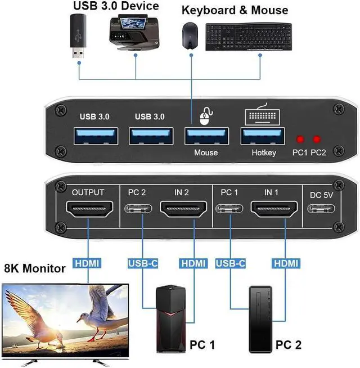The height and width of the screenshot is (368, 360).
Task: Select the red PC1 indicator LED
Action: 300,139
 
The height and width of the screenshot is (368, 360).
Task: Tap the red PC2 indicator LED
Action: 318,139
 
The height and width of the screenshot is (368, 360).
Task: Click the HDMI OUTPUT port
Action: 88,212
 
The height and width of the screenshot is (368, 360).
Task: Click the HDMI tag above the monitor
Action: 88,263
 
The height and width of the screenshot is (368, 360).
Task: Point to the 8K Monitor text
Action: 35,269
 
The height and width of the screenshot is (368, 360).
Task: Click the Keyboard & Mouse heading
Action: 235,10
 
